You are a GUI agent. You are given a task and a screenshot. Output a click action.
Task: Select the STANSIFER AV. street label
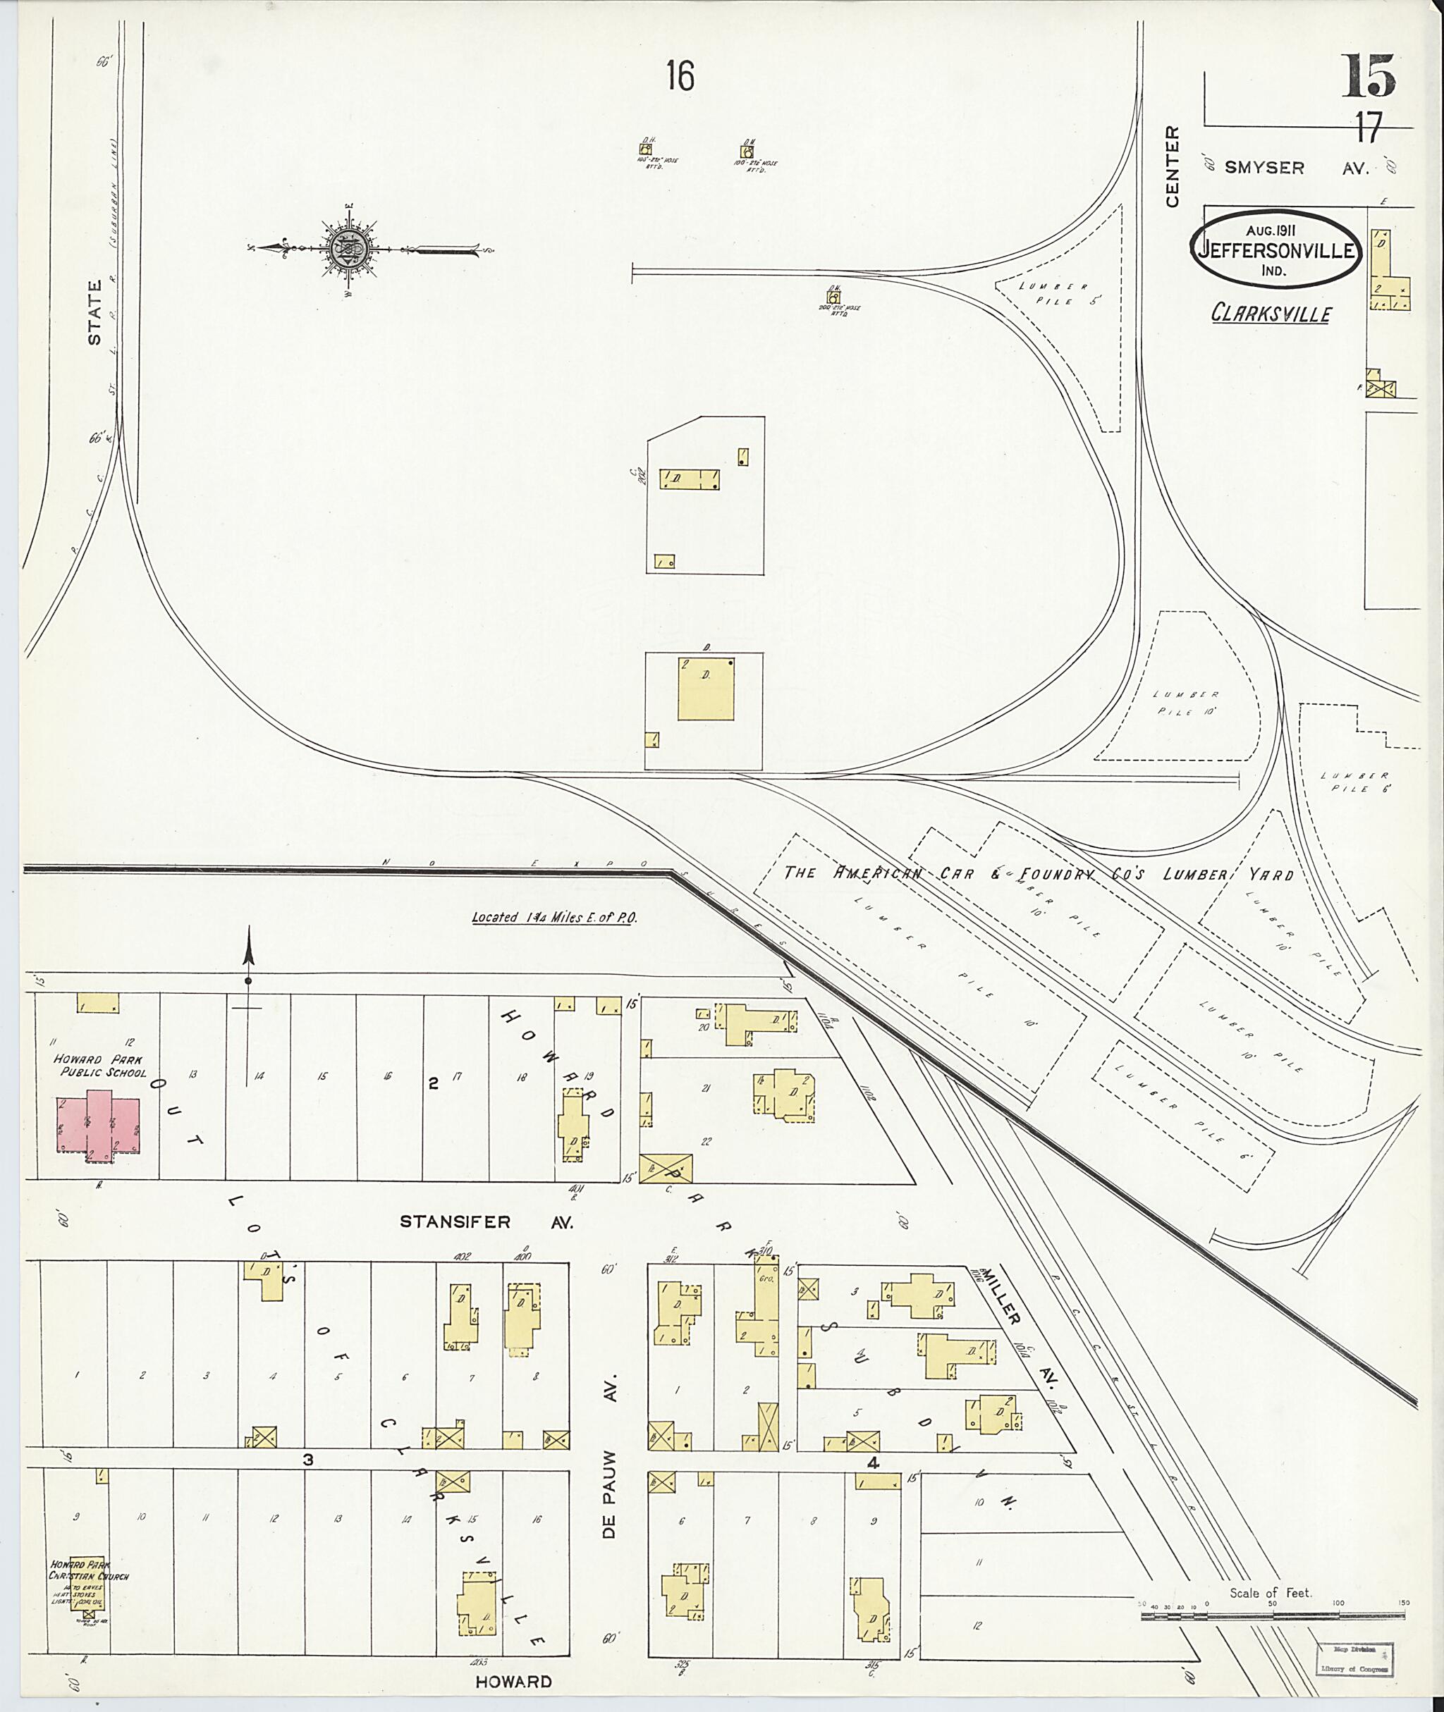point(487,1245)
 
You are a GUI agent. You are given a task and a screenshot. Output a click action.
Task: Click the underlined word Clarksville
point(1271,314)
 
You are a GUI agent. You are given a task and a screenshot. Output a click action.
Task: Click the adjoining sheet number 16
point(680,77)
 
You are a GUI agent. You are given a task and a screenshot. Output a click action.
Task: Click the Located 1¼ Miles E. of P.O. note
point(554,918)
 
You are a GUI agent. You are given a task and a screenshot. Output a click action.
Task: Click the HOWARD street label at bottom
point(513,1682)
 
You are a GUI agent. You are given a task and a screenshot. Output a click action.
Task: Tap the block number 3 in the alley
point(308,1459)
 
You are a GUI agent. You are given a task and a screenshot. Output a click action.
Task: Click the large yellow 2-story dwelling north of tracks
point(705,688)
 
